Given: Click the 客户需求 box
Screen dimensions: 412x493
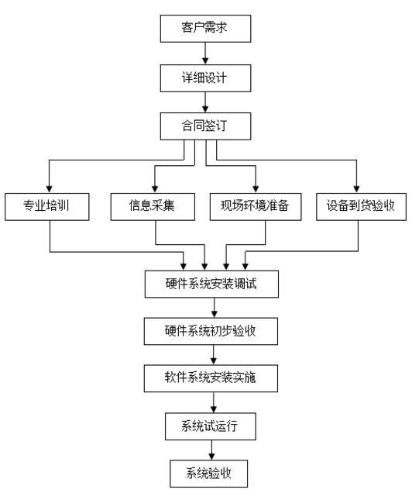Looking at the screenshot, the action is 206,29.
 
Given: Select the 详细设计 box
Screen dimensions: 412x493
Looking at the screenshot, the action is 206,78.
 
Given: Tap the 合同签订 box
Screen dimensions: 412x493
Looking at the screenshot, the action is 206,126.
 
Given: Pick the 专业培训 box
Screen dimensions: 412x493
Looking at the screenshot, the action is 47,206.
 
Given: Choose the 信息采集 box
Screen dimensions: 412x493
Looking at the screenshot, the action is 153,206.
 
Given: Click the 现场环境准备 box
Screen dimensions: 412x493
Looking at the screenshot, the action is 256,206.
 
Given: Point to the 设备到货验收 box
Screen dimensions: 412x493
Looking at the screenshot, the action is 361,206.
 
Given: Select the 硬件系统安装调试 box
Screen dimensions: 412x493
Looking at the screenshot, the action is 211,284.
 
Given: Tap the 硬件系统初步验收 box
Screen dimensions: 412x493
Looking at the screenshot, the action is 211,331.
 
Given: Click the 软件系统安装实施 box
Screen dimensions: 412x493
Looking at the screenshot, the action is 211,378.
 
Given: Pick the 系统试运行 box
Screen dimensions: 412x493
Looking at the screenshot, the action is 211,426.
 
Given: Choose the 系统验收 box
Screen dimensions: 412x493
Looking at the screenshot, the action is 209,474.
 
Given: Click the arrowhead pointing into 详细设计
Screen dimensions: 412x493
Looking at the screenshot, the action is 205,61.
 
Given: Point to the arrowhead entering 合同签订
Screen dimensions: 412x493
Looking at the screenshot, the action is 205,109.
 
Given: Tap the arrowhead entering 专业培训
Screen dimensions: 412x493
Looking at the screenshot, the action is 49,189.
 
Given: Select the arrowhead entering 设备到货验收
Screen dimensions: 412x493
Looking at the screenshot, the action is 356,189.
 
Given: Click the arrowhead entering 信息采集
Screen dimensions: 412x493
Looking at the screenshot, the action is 155,189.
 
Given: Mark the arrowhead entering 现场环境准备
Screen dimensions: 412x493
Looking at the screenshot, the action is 256,189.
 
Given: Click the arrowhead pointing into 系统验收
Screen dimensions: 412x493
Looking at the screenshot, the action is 211,457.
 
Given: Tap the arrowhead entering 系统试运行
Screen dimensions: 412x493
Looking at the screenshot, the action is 214,409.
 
